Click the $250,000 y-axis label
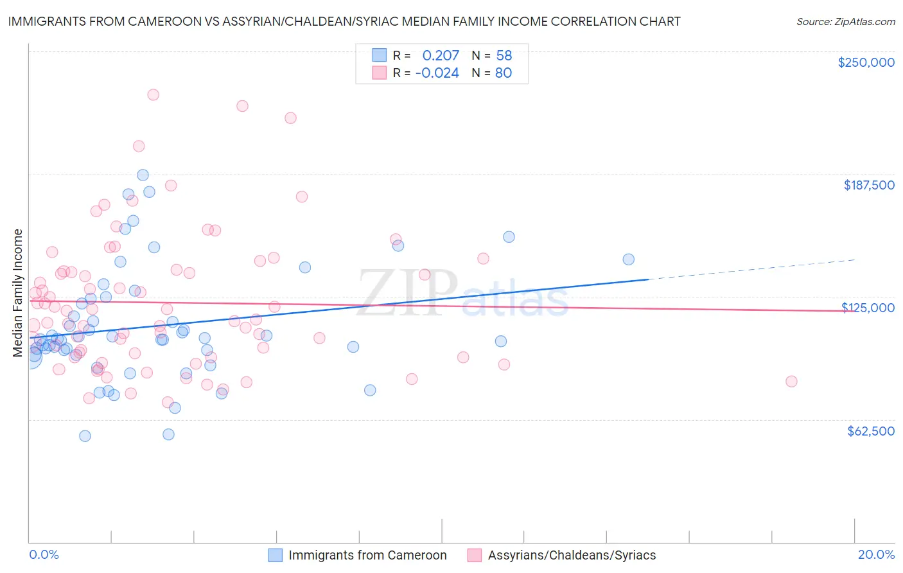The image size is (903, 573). (x=866, y=62)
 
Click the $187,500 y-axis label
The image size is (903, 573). (x=868, y=185)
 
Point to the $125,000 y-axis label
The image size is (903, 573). (x=868, y=308)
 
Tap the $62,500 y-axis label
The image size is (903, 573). (x=871, y=431)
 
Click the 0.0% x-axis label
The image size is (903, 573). (x=44, y=554)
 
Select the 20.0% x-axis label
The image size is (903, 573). (x=876, y=554)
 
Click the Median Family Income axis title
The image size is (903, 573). (x=18, y=293)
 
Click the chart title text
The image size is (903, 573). (x=344, y=21)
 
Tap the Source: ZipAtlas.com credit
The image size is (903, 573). (x=845, y=21)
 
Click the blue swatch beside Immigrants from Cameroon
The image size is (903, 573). (x=276, y=555)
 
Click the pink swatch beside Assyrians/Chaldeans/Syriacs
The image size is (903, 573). (x=475, y=555)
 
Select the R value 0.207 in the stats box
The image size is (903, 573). (x=441, y=55)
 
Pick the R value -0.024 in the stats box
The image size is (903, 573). (x=437, y=73)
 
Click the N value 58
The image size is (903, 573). (x=504, y=55)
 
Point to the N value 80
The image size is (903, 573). (x=504, y=73)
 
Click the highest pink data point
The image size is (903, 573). (x=153, y=94)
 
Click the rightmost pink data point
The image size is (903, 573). (x=791, y=382)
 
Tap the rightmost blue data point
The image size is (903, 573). (x=629, y=260)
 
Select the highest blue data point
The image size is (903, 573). (x=143, y=175)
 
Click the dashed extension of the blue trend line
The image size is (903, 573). (x=751, y=270)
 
